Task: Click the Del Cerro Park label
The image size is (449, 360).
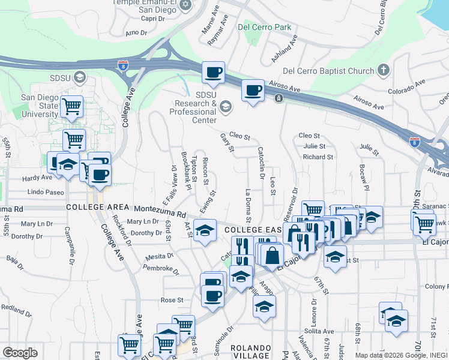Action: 264,27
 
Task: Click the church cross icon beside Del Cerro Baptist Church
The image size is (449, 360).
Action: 384,71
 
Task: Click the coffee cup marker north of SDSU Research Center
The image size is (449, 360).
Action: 213,73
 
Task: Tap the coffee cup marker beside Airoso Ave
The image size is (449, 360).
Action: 253,91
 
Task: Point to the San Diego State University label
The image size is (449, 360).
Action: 40,106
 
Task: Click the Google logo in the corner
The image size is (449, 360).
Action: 20,352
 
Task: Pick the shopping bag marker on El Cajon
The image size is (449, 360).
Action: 272,254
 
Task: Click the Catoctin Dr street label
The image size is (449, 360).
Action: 261,163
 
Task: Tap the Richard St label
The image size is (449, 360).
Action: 318,157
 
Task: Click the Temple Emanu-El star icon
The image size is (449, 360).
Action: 185,5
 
